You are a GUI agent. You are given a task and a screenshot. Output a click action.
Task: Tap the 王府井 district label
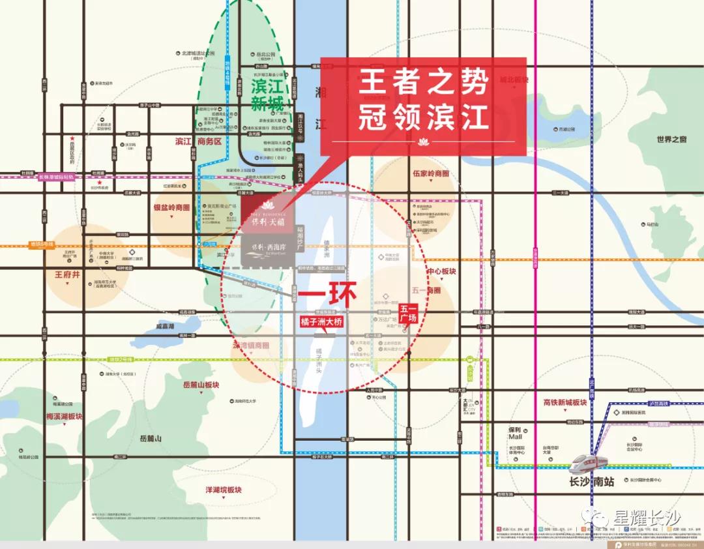(x=68, y=275)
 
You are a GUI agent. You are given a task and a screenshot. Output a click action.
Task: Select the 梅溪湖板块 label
(x=65, y=416)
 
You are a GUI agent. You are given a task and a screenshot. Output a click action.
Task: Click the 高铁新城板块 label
(x=565, y=403)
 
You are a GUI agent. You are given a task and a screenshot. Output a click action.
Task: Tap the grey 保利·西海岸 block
(x=265, y=252)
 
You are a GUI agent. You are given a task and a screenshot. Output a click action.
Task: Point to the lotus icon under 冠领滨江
(x=422, y=141)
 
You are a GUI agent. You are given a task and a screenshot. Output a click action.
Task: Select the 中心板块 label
(x=442, y=271)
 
